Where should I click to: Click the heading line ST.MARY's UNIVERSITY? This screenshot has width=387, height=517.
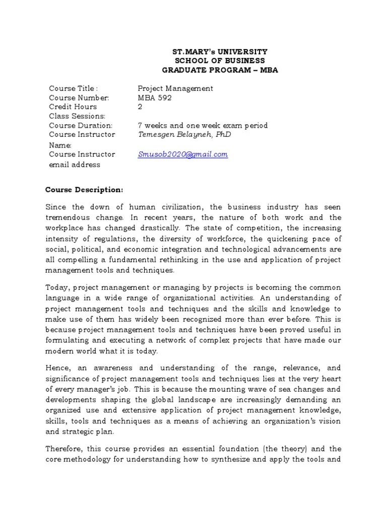[x=220, y=51]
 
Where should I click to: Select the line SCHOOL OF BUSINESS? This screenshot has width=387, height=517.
[x=220, y=61]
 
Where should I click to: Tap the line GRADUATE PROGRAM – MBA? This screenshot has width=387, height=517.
[x=220, y=70]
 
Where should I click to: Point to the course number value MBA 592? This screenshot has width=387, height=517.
[x=155, y=97]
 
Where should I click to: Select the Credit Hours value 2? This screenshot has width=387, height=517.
[x=140, y=107]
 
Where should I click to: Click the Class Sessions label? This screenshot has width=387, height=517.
[x=77, y=116]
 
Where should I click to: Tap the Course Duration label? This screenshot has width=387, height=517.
[x=81, y=125]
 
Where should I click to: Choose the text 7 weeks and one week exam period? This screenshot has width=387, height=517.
[x=203, y=125]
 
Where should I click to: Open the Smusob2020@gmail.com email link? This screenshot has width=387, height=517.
[x=183, y=154]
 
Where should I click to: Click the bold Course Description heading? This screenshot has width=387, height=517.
[x=84, y=190]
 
